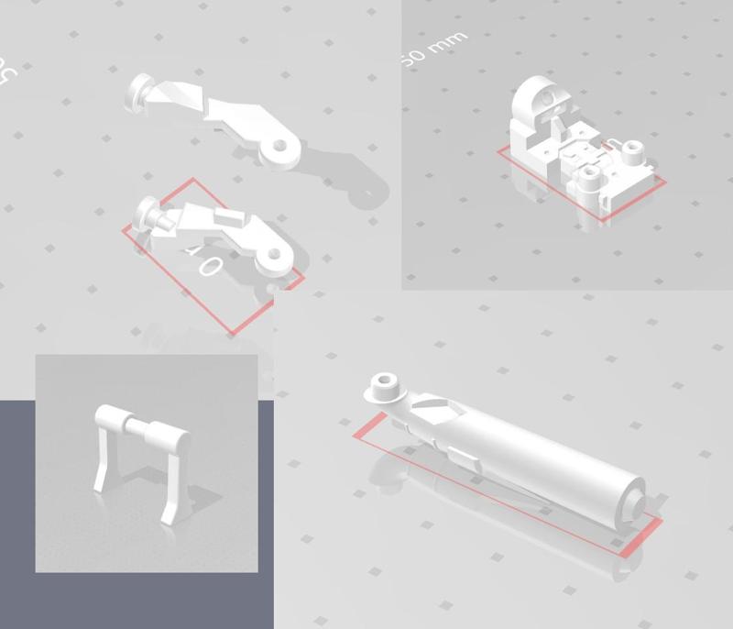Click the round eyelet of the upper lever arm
click(281, 146)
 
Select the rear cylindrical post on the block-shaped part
click(629, 149)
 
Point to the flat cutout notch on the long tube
click(431, 403)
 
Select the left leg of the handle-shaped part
click(102, 463)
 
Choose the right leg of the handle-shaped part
click(172, 495)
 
